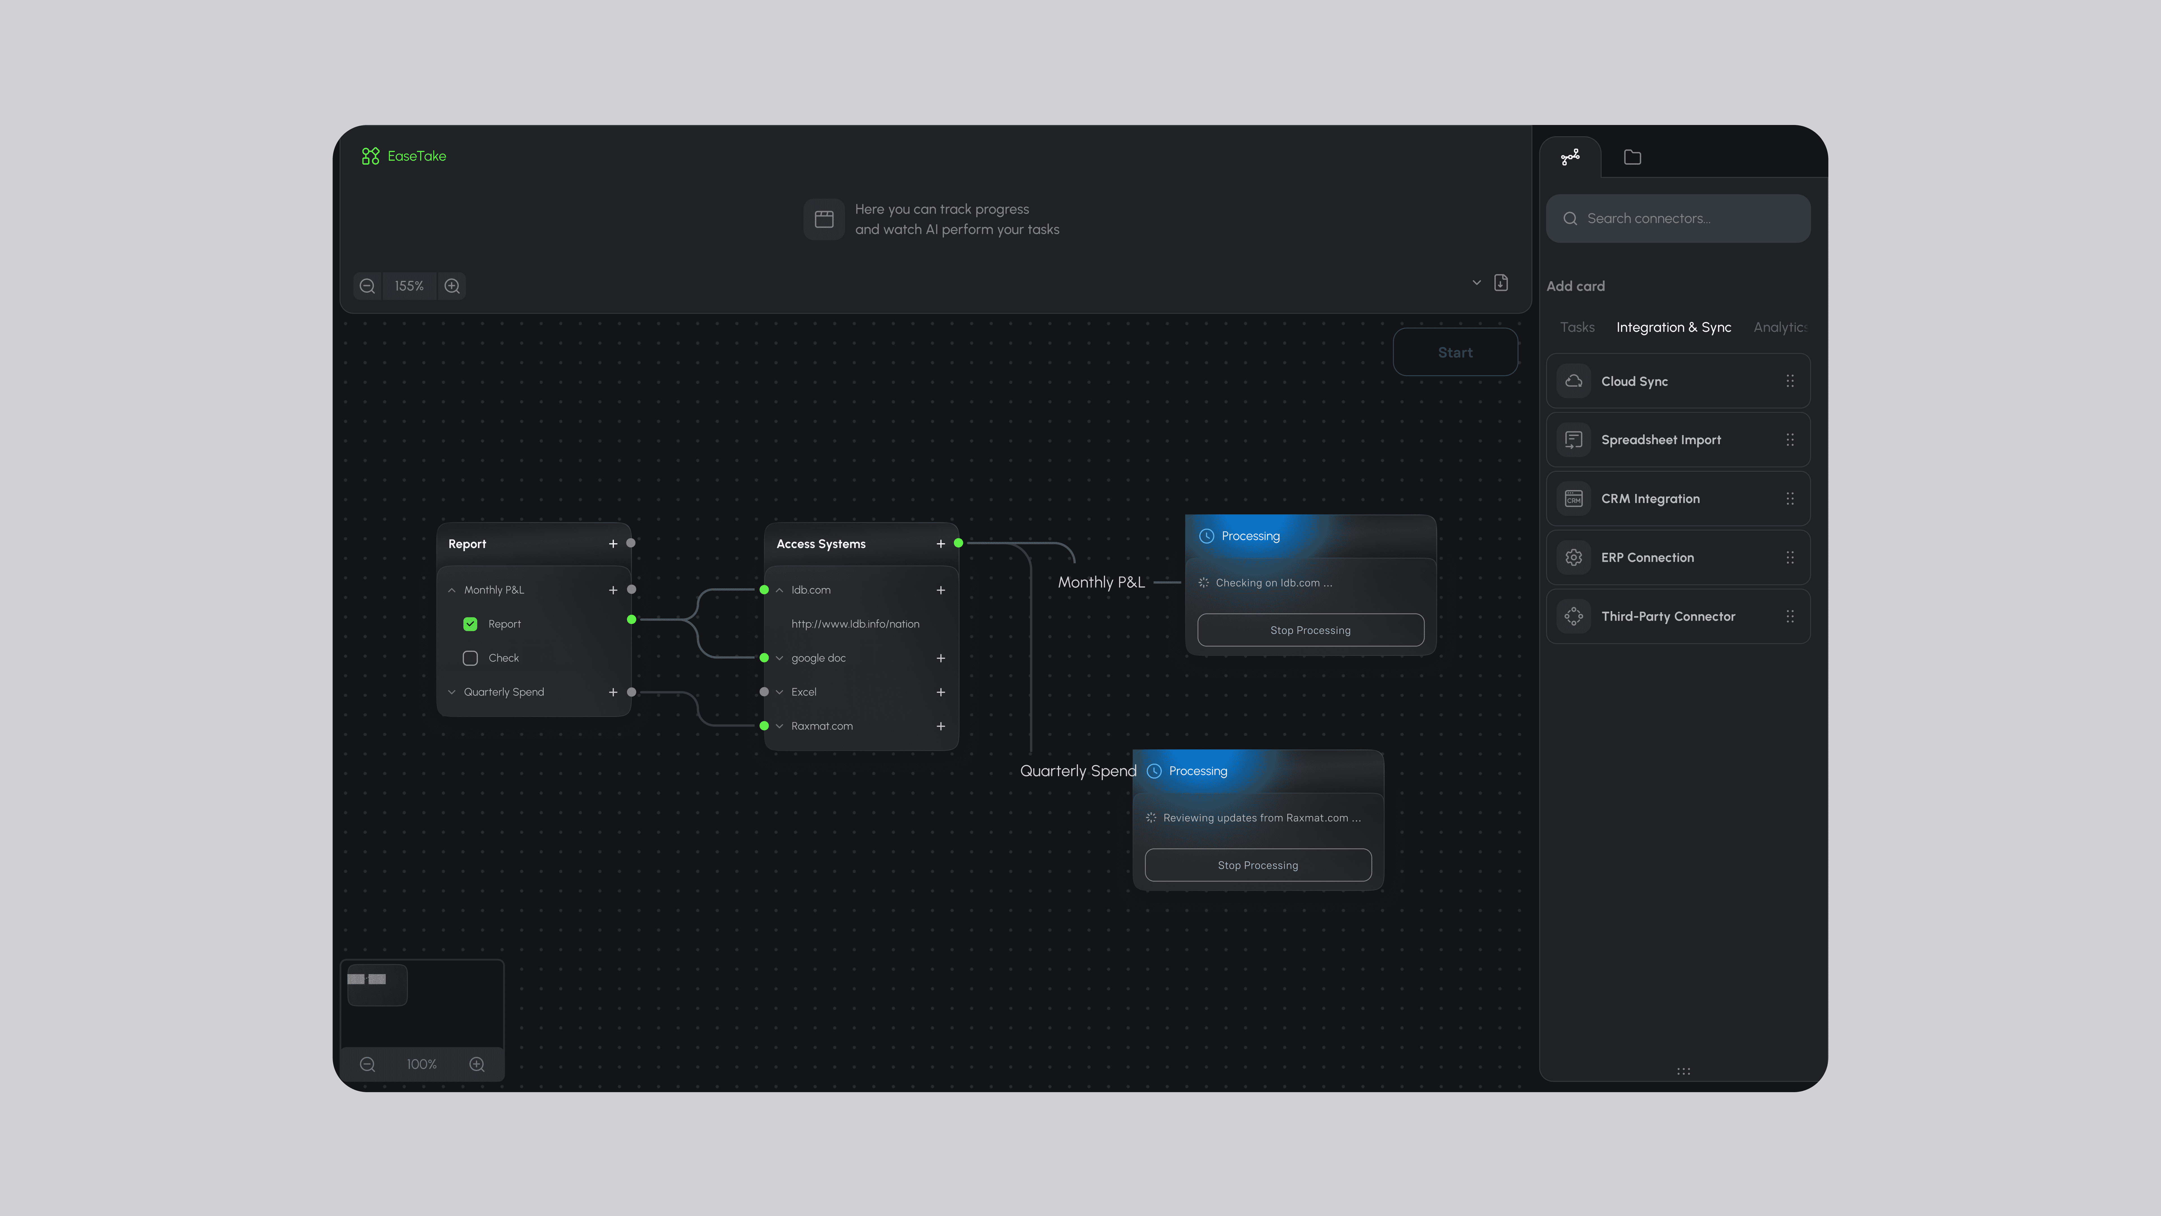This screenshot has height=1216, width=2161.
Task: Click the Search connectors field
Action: pyautogui.click(x=1678, y=218)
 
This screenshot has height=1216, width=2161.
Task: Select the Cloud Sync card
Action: pyautogui.click(x=1678, y=381)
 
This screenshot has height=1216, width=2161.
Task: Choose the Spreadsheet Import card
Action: pyautogui.click(x=1678, y=440)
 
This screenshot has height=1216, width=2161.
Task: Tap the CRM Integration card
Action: pyautogui.click(x=1678, y=499)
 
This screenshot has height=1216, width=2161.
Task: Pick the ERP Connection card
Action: pyautogui.click(x=1678, y=557)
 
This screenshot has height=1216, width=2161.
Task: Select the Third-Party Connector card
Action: pyautogui.click(x=1678, y=616)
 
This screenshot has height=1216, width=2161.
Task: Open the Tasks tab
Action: pyautogui.click(x=1577, y=327)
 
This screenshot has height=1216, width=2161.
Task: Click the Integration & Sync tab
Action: pyautogui.click(x=1674, y=327)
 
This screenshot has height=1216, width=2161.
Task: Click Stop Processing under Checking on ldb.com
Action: pyautogui.click(x=1310, y=630)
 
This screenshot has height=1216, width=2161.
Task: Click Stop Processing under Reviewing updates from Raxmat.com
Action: pyautogui.click(x=1257, y=865)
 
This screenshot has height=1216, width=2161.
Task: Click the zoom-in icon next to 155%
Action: pyautogui.click(x=452, y=286)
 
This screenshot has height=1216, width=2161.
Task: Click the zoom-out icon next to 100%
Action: pyautogui.click(x=367, y=1064)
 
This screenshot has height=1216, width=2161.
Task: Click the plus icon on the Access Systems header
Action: pyautogui.click(x=940, y=544)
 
